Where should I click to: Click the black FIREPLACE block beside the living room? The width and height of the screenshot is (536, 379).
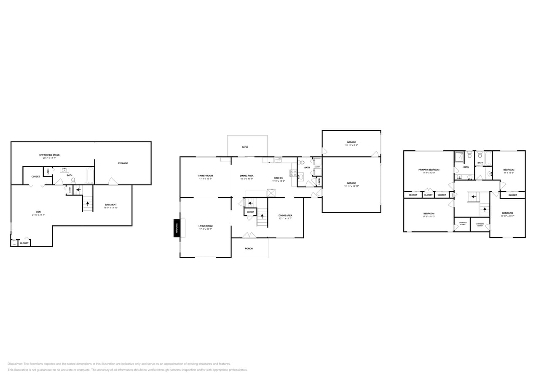click(177, 228)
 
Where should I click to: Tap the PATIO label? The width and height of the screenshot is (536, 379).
click(245, 147)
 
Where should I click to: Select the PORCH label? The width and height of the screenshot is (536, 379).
click(249, 248)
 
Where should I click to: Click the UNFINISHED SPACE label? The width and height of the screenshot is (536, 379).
click(49, 155)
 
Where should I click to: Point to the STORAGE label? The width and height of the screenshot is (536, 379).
click(123, 163)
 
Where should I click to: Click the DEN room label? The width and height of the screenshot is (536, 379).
click(38, 212)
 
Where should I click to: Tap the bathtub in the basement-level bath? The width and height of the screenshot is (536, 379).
click(90, 175)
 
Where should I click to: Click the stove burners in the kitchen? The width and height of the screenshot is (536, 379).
click(293, 173)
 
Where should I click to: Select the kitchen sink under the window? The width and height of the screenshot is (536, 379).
click(278, 160)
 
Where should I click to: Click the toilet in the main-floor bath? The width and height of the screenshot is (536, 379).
click(302, 162)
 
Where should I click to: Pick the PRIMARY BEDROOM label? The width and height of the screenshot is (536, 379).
click(429, 170)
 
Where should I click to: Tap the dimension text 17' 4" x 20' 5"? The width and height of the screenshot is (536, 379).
click(206, 229)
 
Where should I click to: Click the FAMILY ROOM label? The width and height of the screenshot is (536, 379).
click(206, 176)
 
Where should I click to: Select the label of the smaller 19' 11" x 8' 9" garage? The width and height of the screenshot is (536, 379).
click(351, 142)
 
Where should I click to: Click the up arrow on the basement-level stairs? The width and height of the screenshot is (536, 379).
click(88, 204)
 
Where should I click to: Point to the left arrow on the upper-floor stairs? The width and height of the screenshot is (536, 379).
click(473, 196)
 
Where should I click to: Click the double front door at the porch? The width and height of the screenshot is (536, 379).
click(249, 235)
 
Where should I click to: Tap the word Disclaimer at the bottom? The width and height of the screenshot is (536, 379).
click(15, 364)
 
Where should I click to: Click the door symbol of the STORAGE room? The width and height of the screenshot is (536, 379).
click(113, 181)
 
